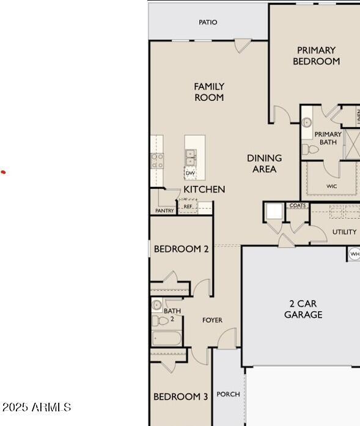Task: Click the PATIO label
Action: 208,23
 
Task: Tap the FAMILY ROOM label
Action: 209,92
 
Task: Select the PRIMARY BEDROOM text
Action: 316,56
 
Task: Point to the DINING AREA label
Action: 264,163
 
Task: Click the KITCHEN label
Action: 204,189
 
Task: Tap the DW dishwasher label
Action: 190,174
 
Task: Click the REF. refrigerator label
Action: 188,207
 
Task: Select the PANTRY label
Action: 164,211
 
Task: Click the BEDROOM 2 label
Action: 181,249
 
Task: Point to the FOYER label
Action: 213,320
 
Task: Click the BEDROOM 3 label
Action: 180,397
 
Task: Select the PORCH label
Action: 228,394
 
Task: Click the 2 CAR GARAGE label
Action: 303,309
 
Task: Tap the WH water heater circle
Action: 354,254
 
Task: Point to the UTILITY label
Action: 344,232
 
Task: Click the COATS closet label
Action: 298,206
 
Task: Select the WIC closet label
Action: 332,186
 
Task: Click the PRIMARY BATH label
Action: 328,138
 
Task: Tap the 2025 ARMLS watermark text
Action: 37,407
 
